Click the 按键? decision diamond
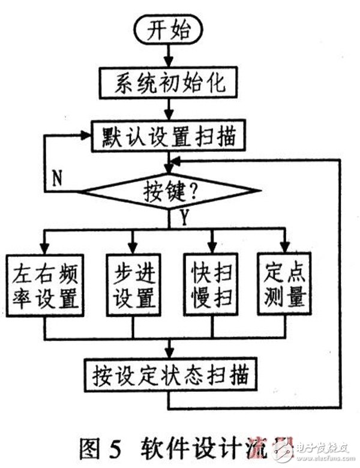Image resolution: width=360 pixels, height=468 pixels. click(170, 192)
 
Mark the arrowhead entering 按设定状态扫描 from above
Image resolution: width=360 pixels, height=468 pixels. click(170, 355)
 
